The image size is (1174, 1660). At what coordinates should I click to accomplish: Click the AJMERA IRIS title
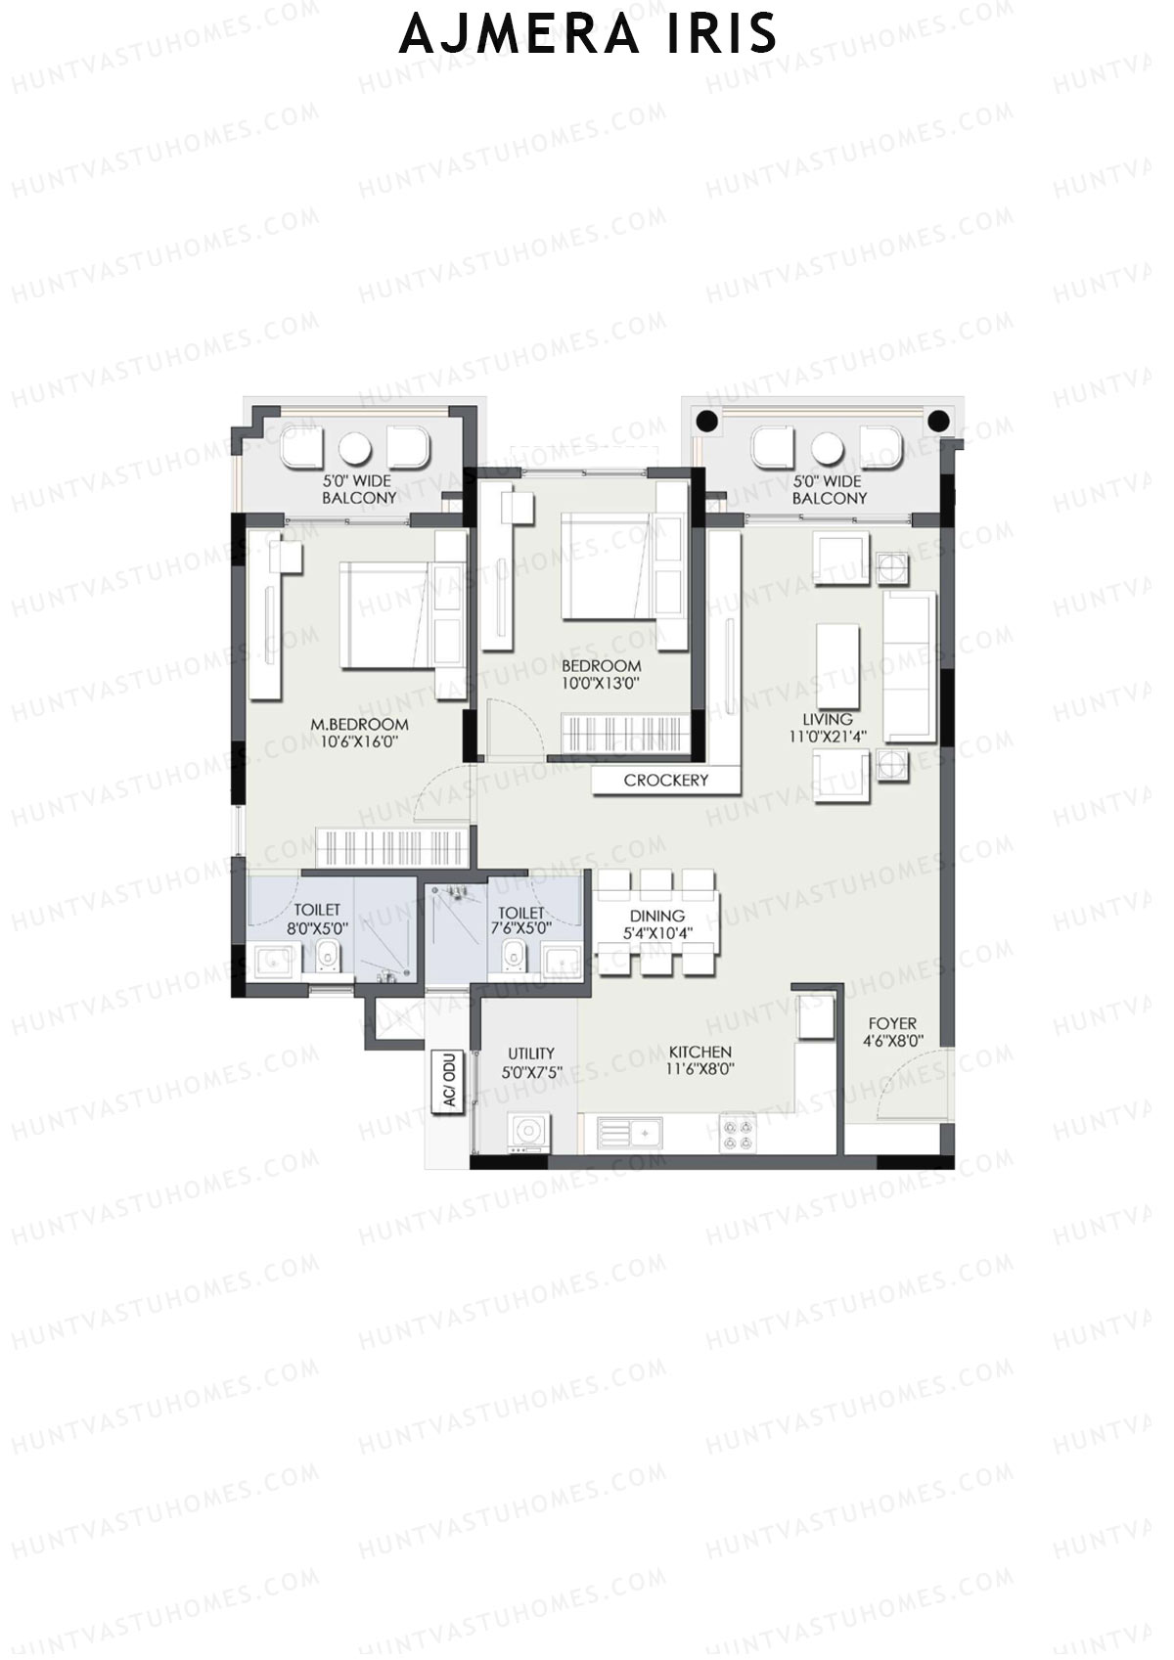pos(587,35)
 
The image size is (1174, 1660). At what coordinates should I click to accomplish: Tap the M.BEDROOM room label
pos(359,724)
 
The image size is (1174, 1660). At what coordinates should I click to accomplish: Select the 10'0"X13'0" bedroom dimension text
pos(601,683)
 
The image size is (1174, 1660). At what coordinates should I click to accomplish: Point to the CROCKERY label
pos(665,780)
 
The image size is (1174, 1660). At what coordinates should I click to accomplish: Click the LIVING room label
pos(828,719)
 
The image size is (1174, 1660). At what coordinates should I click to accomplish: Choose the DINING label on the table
pos(657,916)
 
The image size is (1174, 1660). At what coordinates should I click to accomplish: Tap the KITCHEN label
pos(700,1052)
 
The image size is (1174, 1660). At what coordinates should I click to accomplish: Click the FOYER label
pos(893,1023)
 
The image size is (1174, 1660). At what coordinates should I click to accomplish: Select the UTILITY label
pos(531,1054)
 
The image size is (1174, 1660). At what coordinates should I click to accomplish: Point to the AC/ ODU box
pos(449,1081)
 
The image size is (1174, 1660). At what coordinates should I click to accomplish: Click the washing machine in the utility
pos(528,1132)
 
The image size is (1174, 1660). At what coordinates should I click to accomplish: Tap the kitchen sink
pos(629,1134)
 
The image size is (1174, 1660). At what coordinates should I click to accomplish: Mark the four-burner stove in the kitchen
pos(738,1134)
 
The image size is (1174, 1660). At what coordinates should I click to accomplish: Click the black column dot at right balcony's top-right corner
pos(939,421)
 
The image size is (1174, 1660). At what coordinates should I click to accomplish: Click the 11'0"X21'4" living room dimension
pos(828,736)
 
